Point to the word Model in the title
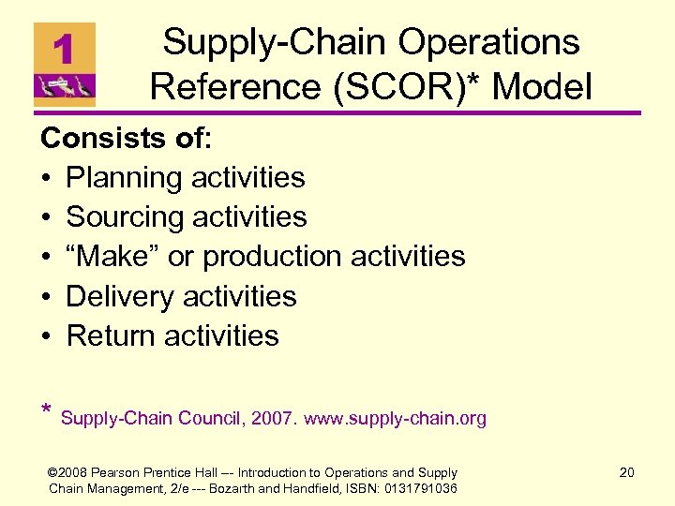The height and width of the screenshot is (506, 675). [x=543, y=88]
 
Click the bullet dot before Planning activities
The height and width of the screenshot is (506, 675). [x=47, y=178]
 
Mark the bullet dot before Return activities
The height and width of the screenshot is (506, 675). [x=47, y=335]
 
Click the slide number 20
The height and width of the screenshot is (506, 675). [x=626, y=472]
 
